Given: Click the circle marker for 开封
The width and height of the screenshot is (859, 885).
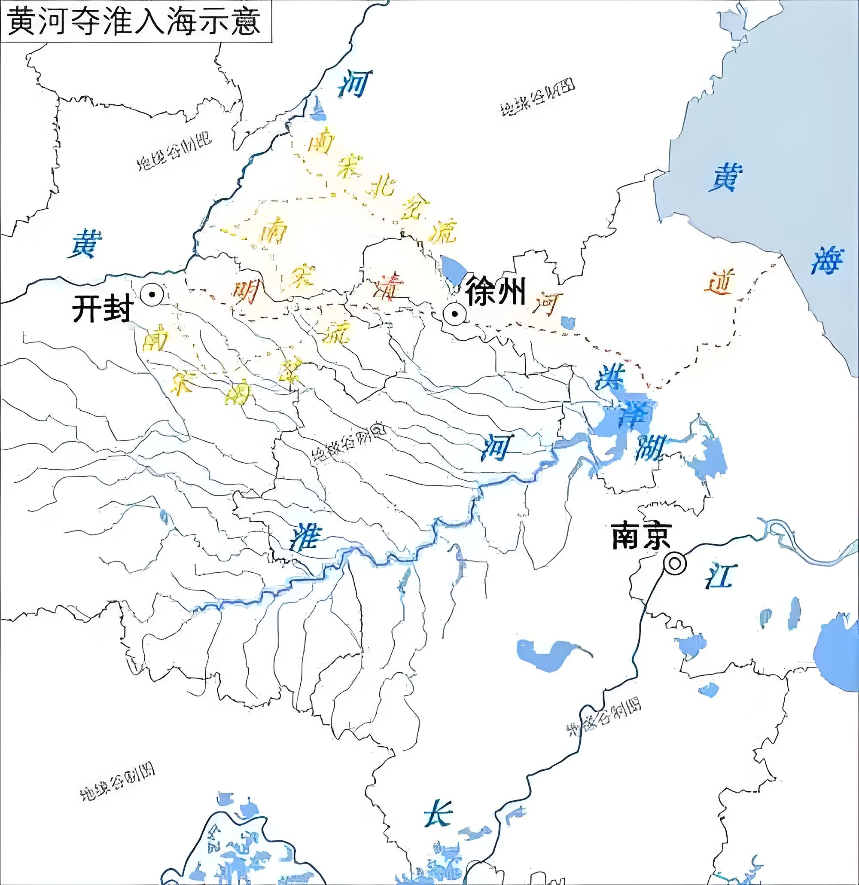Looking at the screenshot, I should pyautogui.click(x=152, y=294).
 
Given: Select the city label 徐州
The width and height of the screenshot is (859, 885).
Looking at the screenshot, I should pyautogui.click(x=496, y=292).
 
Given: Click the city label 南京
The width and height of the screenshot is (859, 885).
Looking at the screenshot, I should pyautogui.click(x=641, y=536).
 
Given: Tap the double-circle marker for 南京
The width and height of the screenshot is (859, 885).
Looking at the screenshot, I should pyautogui.click(x=674, y=564).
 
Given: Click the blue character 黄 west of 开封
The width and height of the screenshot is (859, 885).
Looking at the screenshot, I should pyautogui.click(x=85, y=244).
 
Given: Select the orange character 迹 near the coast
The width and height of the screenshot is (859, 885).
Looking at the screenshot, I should pyautogui.click(x=719, y=283).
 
